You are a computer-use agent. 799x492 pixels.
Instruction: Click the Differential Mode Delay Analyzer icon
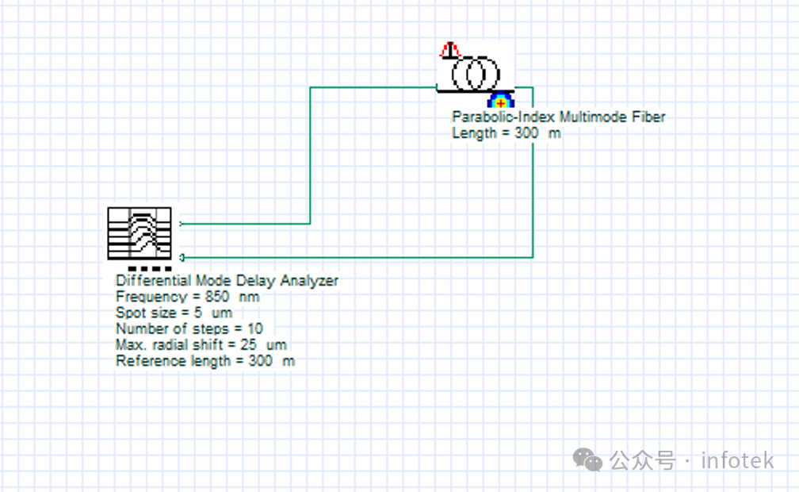click(140, 233)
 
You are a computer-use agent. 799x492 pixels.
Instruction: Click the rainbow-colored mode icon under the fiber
click(500, 100)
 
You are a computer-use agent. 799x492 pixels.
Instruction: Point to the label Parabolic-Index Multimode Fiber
click(558, 117)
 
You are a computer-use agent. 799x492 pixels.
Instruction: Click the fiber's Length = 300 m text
click(506, 133)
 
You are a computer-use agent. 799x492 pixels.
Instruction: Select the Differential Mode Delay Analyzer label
click(227, 281)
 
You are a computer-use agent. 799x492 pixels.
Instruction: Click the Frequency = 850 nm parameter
click(187, 297)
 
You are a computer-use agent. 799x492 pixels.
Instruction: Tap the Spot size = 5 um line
click(174, 313)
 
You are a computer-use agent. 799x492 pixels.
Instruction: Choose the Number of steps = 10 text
click(189, 329)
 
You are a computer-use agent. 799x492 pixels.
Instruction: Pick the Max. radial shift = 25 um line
click(201, 345)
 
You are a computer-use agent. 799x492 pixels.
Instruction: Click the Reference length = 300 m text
click(205, 361)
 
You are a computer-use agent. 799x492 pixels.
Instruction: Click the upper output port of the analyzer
click(182, 224)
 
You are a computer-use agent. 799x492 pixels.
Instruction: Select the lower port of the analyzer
click(182, 257)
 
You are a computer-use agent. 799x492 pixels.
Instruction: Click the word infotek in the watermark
click(736, 460)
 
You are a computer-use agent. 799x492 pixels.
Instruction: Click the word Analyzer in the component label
click(312, 281)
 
